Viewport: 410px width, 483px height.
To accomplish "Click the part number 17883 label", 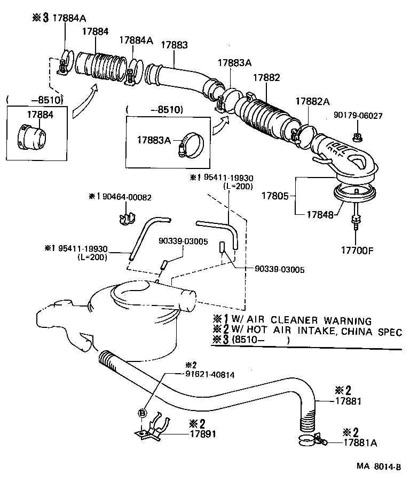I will (x=174, y=45).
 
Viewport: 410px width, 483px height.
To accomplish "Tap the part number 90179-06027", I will (x=358, y=115).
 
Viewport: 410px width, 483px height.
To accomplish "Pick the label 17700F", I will (x=357, y=249).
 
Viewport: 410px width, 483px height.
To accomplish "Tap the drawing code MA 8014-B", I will (x=380, y=466).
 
